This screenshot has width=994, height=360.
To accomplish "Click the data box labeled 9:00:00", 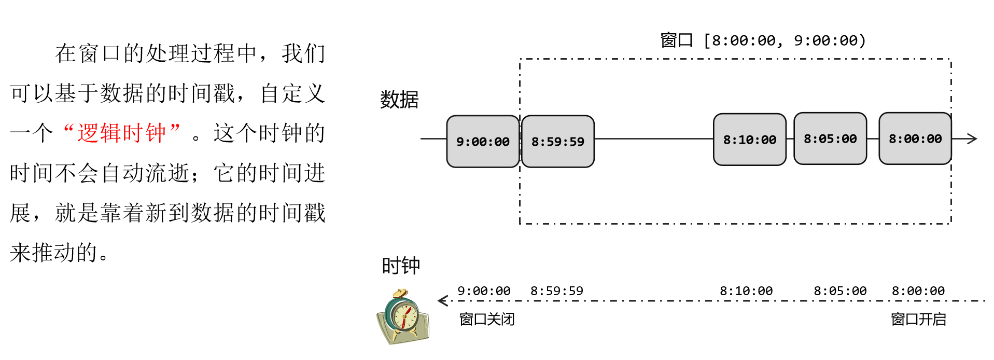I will point(483,142).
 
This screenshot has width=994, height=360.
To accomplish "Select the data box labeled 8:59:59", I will point(557,142).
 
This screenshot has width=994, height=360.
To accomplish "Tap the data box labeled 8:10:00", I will point(749,140).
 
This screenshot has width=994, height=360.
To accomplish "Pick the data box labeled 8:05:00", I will point(830,139).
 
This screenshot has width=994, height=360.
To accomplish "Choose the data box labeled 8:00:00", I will point(915,139).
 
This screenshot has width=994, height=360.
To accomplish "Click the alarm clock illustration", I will point(403,317).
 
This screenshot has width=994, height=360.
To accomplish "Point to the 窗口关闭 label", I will point(486,319).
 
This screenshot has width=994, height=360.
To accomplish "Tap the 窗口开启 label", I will point(918,319).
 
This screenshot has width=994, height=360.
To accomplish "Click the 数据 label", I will point(399,100).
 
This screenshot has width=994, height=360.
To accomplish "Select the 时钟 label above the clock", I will point(401,266).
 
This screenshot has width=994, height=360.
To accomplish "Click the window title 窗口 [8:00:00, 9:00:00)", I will point(763,40).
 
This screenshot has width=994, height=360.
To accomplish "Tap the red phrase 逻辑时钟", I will point(122,133).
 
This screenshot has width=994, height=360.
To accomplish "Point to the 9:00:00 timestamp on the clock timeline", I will point(484,291).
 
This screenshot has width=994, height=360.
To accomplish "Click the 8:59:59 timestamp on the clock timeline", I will point(556,291).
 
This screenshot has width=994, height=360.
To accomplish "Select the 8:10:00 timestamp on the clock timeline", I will point(746,291).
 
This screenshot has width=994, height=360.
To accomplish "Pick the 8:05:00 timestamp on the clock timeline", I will point(840,291).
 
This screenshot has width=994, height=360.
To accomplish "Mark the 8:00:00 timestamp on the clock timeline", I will point(918,291).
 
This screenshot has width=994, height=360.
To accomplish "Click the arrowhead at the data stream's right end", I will point(972,139).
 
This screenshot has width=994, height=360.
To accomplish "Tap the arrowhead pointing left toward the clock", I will point(443,300).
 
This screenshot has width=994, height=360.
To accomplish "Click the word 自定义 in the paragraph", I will point(292,93).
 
